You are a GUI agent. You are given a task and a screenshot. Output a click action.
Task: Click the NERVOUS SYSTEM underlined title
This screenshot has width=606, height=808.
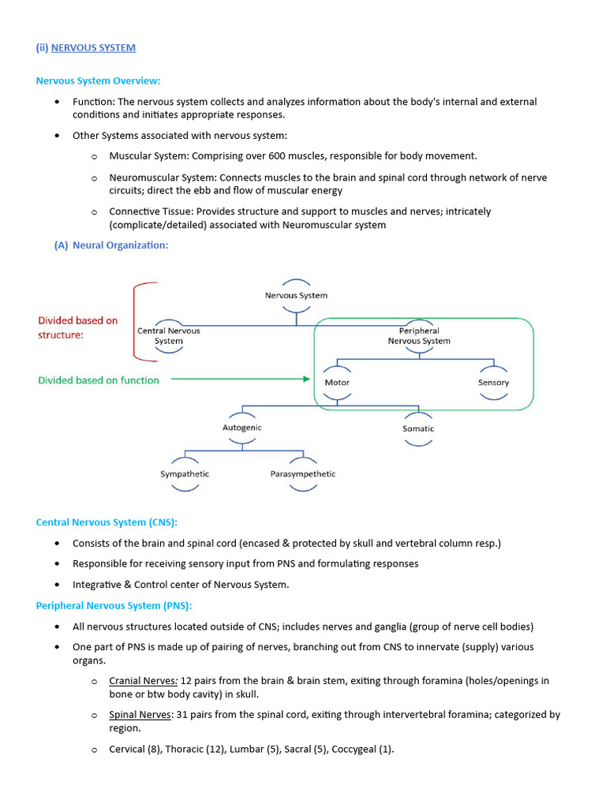(x=93, y=47)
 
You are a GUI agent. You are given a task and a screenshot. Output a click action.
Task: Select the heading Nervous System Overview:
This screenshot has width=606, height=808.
(x=99, y=80)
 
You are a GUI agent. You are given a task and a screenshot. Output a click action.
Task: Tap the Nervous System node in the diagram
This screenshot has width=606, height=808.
(x=296, y=295)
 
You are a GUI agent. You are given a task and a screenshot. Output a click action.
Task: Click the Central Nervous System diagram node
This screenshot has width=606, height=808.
(x=169, y=336)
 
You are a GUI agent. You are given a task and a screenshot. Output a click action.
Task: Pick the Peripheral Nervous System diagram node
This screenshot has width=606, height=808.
(x=419, y=336)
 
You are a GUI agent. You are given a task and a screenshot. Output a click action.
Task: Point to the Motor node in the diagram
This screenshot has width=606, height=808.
(x=337, y=383)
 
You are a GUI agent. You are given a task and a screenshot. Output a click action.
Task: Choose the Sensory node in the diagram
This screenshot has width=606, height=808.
(x=493, y=383)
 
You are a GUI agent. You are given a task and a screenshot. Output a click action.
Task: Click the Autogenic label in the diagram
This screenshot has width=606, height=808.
(x=242, y=428)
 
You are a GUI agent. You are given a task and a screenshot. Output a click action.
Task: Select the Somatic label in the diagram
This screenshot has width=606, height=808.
(x=418, y=428)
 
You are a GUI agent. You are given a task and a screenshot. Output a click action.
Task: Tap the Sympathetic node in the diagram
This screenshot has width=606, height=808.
(x=185, y=474)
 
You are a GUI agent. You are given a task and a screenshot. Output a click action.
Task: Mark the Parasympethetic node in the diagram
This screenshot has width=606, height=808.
(x=303, y=474)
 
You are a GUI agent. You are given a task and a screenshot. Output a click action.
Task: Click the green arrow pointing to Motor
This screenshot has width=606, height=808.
(x=241, y=380)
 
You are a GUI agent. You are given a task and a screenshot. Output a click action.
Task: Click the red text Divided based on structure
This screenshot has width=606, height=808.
(x=77, y=327)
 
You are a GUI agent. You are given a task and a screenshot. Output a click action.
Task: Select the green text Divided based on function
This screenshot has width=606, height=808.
(x=99, y=380)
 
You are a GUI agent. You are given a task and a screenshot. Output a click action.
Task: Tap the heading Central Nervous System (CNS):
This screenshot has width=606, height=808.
(x=107, y=522)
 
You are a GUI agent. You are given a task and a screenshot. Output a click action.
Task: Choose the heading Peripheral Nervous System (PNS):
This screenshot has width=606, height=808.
(x=114, y=605)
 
